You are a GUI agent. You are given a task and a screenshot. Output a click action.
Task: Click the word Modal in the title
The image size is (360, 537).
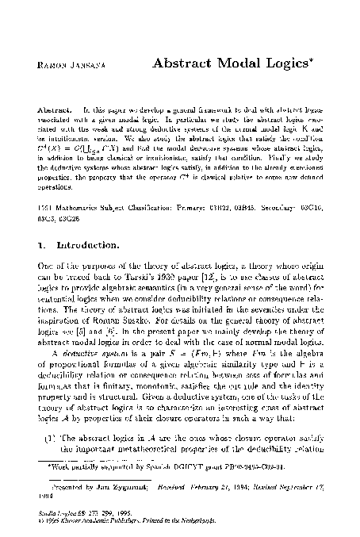(x=239, y=61)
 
